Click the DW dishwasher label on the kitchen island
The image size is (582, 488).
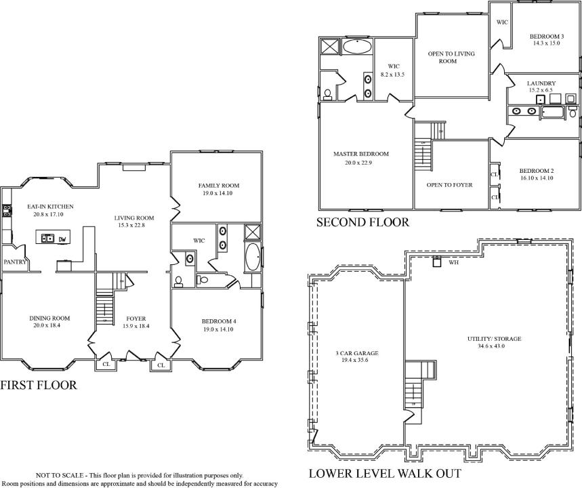62,239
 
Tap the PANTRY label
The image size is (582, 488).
15,262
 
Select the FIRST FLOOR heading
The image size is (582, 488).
39,385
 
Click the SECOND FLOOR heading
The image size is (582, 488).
362,222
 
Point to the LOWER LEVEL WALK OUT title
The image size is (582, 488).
386,474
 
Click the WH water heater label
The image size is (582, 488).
453,262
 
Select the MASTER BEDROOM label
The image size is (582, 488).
360,154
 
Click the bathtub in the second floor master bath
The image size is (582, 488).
356,47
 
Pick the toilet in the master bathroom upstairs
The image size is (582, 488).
327,95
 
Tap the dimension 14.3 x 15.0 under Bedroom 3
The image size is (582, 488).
547,43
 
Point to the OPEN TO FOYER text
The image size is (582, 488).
449,185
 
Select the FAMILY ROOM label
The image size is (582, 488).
219,186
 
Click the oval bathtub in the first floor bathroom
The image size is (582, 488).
253,258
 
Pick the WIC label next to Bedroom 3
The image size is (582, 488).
502,22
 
